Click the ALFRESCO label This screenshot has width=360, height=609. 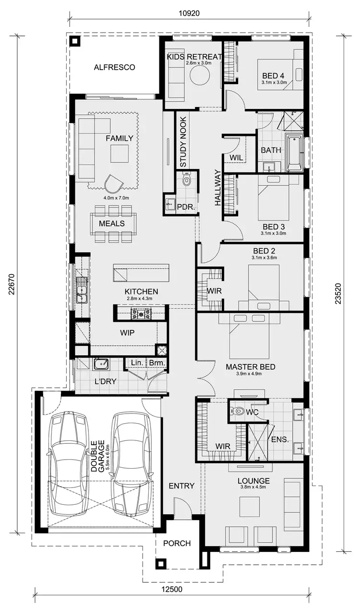114,67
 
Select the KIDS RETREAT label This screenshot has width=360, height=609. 194,57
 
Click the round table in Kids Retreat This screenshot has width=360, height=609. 199,76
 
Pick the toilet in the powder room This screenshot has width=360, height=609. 187,181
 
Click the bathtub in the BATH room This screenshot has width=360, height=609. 294,153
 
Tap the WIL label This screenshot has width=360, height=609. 235,158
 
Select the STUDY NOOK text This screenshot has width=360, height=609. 183,142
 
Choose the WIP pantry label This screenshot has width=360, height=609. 127,332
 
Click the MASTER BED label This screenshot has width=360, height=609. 251,367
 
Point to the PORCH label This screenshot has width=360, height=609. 177,543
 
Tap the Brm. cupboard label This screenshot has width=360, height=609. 156,363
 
